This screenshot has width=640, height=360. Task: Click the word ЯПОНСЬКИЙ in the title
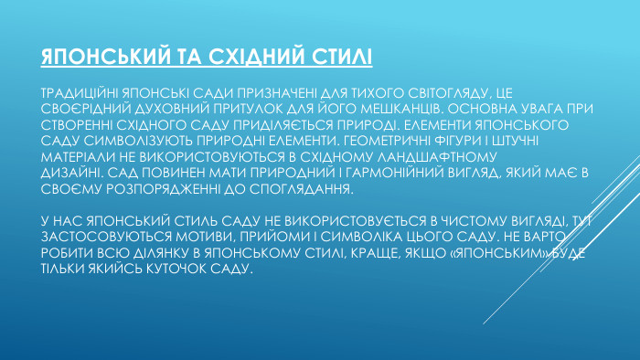pyautogui.click(x=99, y=58)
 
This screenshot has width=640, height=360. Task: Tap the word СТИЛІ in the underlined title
pyautogui.click(x=340, y=58)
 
